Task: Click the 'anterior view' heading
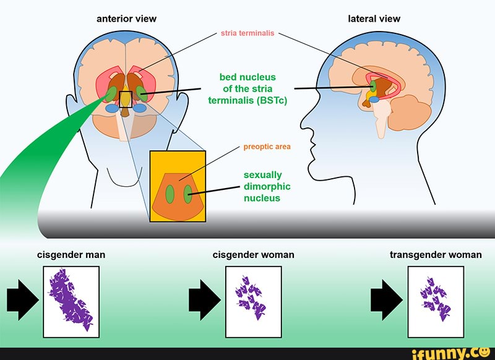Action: pyautogui.click(x=126, y=19)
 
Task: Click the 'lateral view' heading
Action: pyautogui.click(x=374, y=19)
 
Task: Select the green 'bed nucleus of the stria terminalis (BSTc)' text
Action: pyautogui.click(x=247, y=89)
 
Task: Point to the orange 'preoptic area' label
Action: pyautogui.click(x=267, y=147)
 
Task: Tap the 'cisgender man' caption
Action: pyautogui.click(x=71, y=254)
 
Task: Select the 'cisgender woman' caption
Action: pyautogui.click(x=253, y=254)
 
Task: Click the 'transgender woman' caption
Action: pyautogui.click(x=436, y=254)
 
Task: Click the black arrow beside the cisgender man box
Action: pyautogui.click(x=22, y=299)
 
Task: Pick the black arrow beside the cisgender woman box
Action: pyautogui.click(x=204, y=299)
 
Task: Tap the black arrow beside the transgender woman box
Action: pyautogui.click(x=386, y=299)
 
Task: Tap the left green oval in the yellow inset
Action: pyautogui.click(x=170, y=194)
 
